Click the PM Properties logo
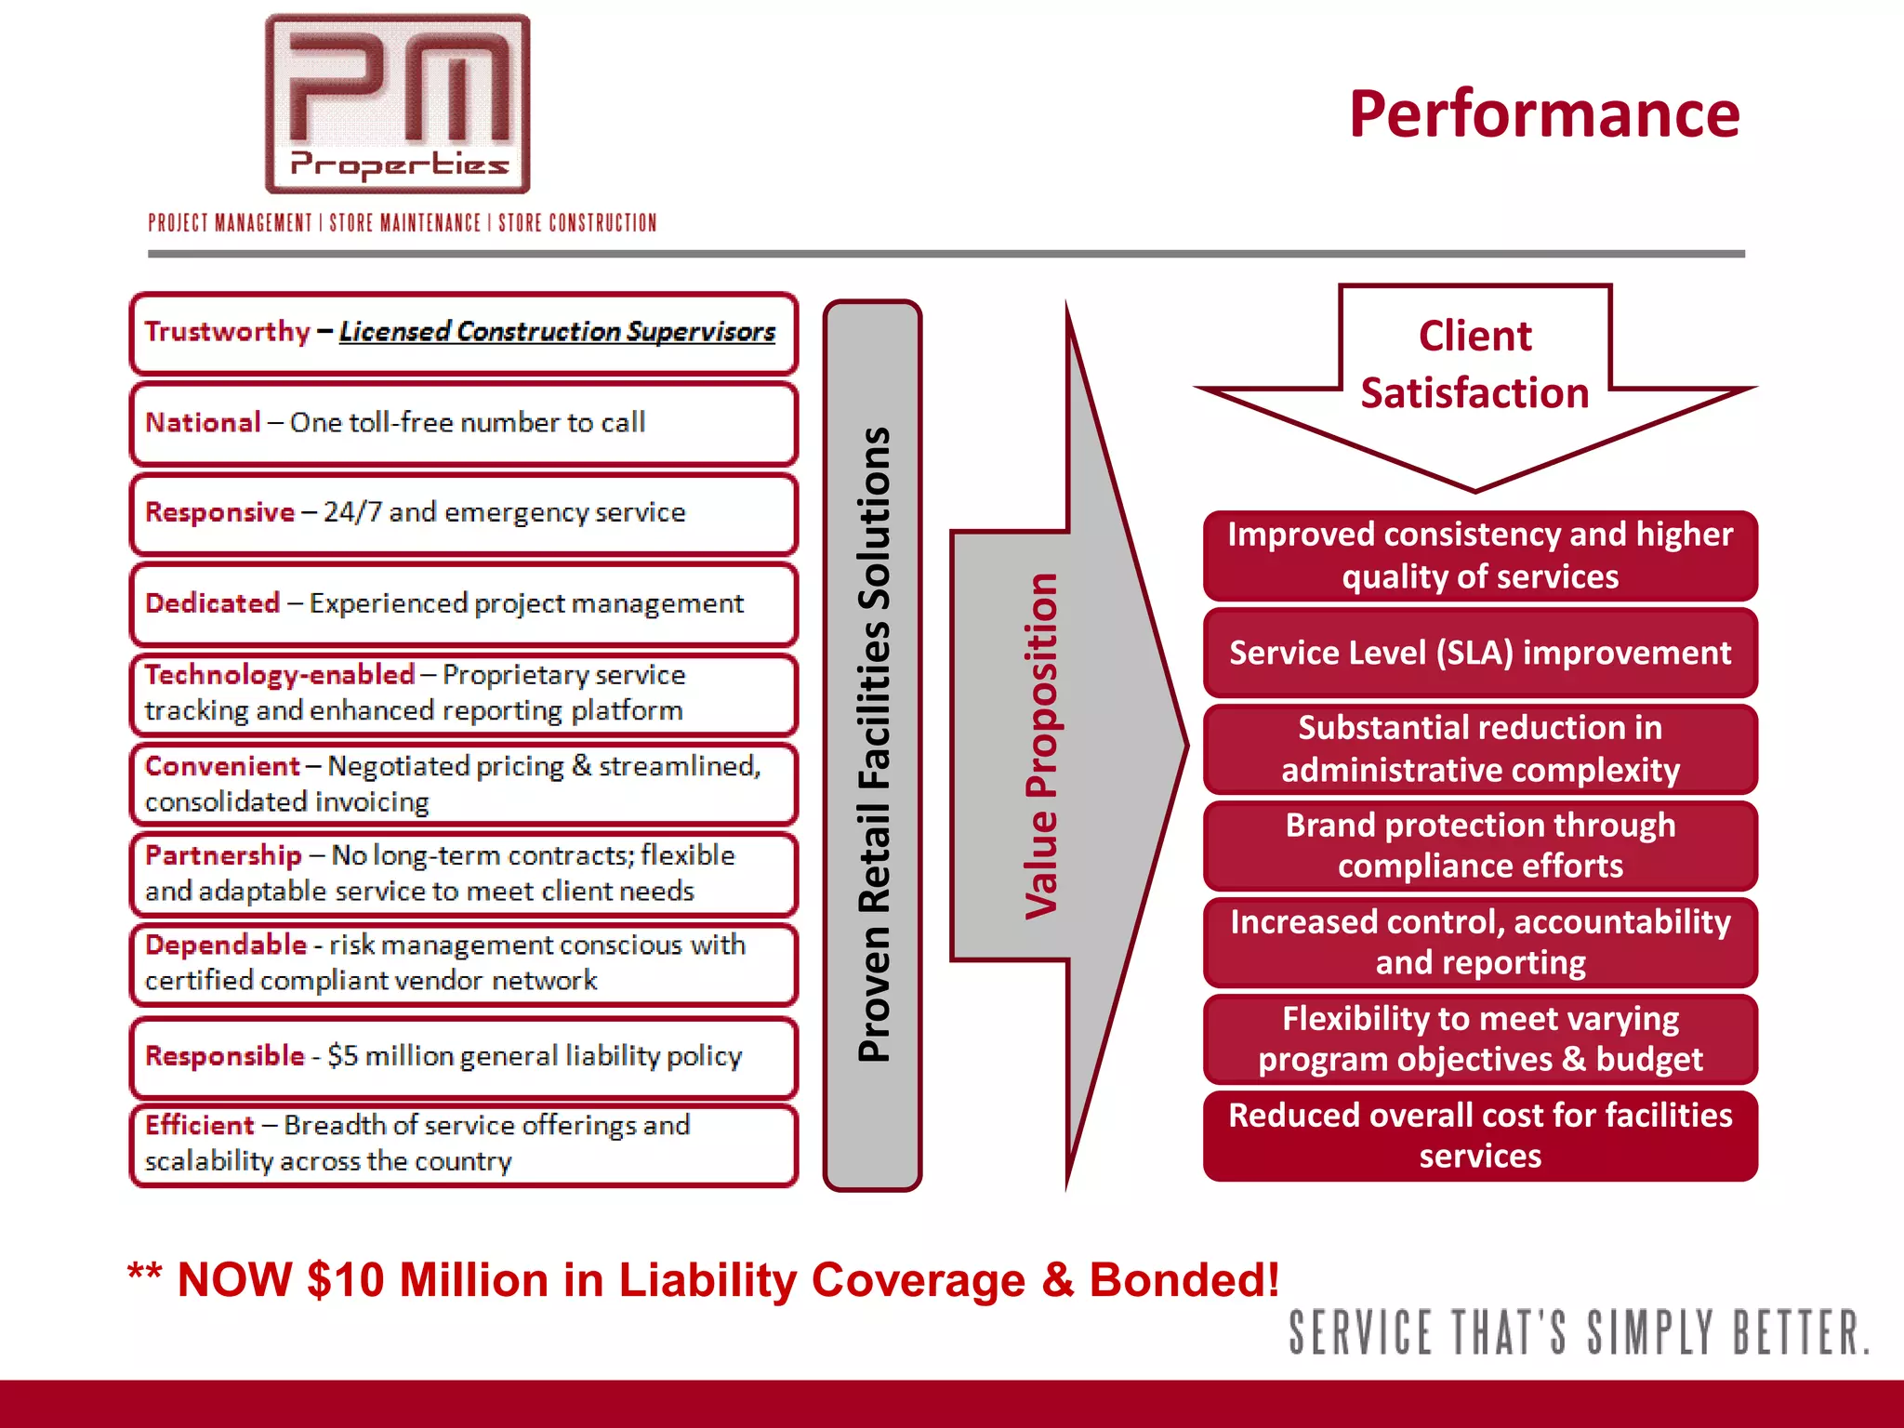pos(398,104)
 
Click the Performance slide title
pos(1544,114)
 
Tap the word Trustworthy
pos(228,332)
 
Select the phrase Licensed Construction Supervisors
pos(557,332)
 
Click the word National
pos(203,423)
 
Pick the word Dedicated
pos(213,603)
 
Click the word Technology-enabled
pos(280,675)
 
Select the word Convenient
pos(222,766)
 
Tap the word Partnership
pos(223,855)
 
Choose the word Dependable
pos(226,945)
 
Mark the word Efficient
pos(200,1126)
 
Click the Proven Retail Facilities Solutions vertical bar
pos(872,745)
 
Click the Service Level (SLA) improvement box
pos(1480,653)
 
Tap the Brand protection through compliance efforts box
pos(1480,846)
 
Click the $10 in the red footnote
pos(345,1280)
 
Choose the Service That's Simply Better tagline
pos(1578,1332)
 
